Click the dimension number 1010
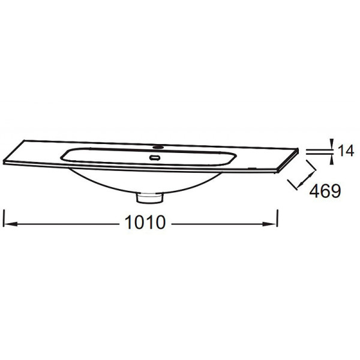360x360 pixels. pyautogui.click(x=145, y=223)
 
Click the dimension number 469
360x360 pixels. pyautogui.click(x=326, y=191)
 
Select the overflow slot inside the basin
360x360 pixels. pyautogui.click(x=155, y=157)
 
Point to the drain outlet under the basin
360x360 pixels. pyautogui.click(x=149, y=196)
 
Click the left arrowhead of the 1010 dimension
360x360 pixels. pyautogui.click(x=10, y=224)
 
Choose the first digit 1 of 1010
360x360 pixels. pyautogui.click(x=128, y=223)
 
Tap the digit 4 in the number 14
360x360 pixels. pyautogui.click(x=350, y=151)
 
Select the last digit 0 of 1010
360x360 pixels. pyautogui.click(x=160, y=223)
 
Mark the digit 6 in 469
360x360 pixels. pyautogui.click(x=326, y=191)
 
